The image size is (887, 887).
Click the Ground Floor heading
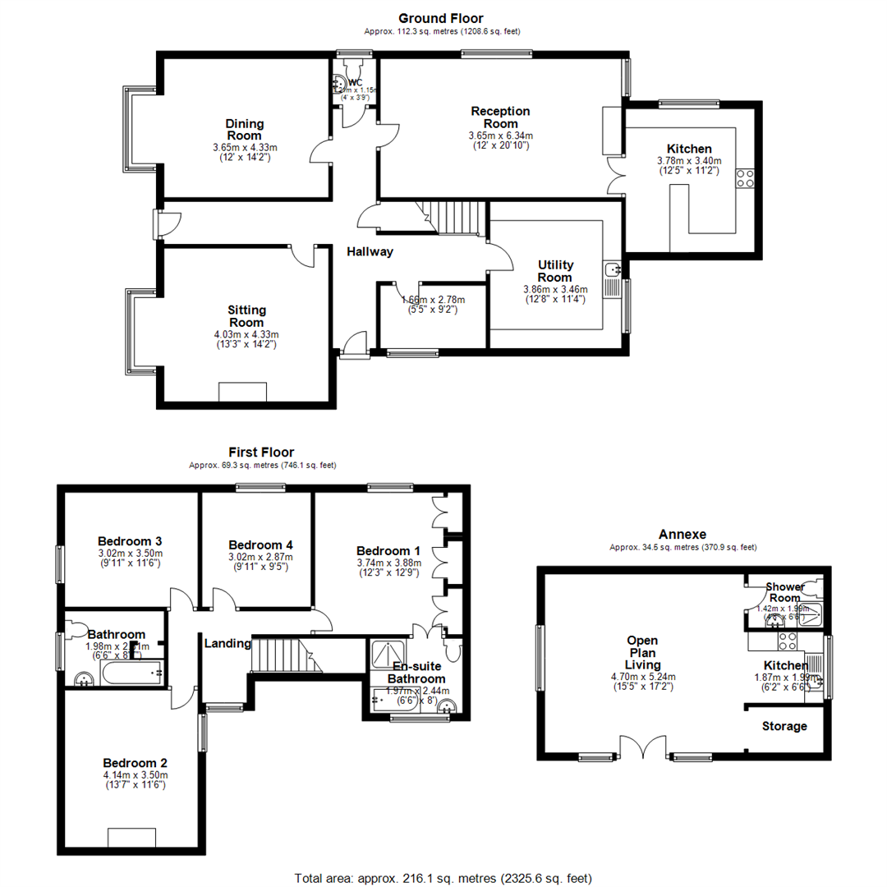[x=441, y=17]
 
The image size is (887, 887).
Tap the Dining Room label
[x=245, y=130]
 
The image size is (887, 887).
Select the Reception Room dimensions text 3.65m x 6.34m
[x=500, y=136]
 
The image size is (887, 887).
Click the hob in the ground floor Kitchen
[x=746, y=178]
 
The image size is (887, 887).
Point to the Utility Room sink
[x=612, y=269]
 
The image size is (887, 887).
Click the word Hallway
[x=369, y=252]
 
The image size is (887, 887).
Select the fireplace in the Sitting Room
[x=242, y=392]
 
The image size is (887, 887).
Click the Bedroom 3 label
[x=130, y=541]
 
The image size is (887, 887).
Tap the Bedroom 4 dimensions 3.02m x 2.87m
[x=260, y=557]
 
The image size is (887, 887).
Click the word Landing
[x=227, y=643]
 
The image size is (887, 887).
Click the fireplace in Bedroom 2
[x=131, y=838]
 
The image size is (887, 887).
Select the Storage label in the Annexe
[x=784, y=726]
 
